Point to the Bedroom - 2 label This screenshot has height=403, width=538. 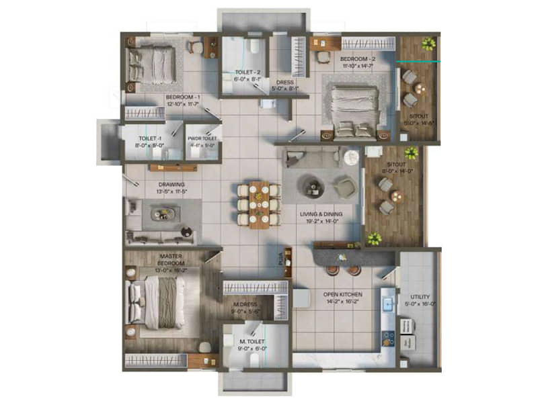point(357,58)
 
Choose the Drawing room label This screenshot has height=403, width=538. point(171,185)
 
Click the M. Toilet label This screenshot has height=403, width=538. point(253,343)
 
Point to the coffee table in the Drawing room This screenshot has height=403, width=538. point(163,214)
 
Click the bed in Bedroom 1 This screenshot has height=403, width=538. point(155,64)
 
